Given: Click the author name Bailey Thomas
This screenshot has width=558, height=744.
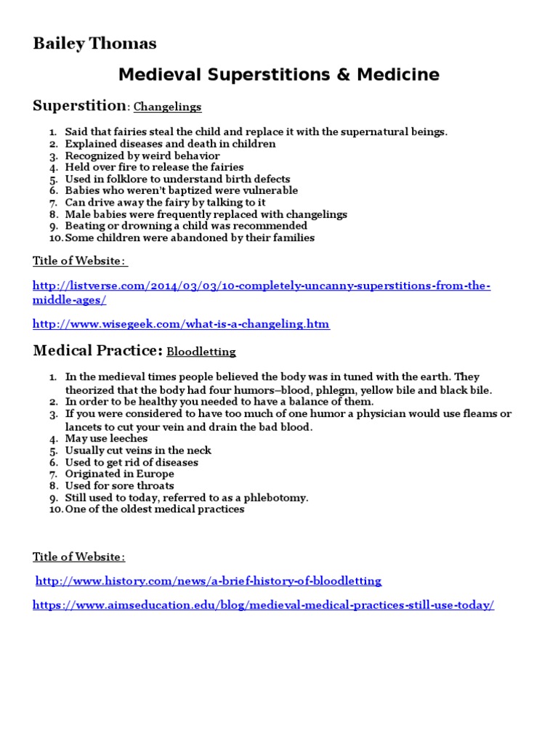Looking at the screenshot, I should click(94, 44).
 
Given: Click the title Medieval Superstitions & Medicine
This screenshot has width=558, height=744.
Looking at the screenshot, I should click(279, 74).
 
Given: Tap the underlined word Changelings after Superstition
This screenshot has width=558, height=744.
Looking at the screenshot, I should click(167, 107).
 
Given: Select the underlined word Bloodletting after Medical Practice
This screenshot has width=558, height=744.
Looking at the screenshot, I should click(201, 352).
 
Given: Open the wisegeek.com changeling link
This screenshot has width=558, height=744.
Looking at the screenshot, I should click(181, 324).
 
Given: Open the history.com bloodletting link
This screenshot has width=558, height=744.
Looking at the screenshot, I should click(209, 581).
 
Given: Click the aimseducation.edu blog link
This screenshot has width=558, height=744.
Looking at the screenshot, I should click(263, 605).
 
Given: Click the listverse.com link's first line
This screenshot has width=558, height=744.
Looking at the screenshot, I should click(262, 286).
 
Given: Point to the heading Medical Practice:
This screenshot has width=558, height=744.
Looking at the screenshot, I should click(97, 351).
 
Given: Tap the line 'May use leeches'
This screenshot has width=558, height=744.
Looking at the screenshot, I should click(106, 439).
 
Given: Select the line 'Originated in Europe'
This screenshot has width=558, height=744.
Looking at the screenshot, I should click(119, 474).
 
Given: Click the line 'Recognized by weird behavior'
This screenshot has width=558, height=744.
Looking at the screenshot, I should click(142, 155).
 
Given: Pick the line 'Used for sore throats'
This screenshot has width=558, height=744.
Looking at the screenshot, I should click(119, 485).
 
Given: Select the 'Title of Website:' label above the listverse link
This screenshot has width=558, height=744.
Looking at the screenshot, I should click(80, 261).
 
